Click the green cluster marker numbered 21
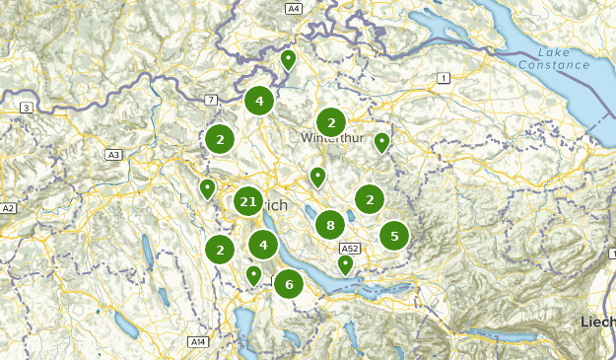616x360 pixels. coord(247,203)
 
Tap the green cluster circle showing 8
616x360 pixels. coord(330,225)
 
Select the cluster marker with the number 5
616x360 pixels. coord(394,236)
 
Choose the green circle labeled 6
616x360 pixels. coord(289,285)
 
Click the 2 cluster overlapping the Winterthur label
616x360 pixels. coord(331,122)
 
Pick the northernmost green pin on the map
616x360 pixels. coord(289,60)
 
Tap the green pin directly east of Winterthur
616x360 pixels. coord(381,143)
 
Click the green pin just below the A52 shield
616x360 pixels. coord(345,263)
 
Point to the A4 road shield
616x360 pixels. coord(294,8)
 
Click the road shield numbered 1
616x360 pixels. coord(445,78)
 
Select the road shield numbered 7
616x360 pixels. coord(211,101)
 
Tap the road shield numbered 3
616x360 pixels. coord(26,107)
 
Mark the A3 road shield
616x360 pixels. coord(113,155)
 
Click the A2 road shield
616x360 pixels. coord(9,209)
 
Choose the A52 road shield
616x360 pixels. coord(350,249)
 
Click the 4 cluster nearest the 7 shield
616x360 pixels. coord(259,100)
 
